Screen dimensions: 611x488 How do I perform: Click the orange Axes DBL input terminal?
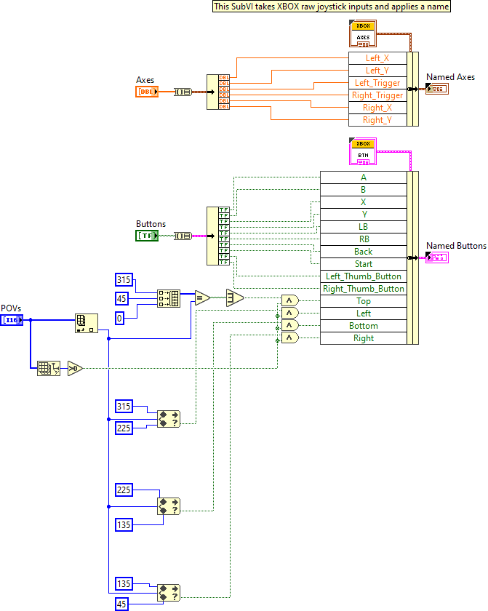[147, 92]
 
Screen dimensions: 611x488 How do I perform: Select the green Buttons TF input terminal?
[147, 236]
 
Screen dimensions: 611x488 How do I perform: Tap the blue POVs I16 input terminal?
[11, 320]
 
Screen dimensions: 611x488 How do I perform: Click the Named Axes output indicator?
[437, 89]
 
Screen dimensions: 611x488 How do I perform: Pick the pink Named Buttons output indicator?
[437, 257]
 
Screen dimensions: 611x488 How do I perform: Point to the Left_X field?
[377, 58]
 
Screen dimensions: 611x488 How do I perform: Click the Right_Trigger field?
[377, 95]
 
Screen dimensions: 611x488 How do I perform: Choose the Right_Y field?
[377, 120]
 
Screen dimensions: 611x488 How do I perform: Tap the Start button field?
[363, 264]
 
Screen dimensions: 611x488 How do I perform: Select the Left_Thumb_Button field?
[363, 276]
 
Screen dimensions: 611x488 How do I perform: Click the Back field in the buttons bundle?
[363, 252]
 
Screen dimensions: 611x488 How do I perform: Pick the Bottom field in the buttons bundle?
[363, 326]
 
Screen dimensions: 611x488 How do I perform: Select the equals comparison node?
[201, 297]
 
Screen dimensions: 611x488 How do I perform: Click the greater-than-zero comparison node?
[75, 369]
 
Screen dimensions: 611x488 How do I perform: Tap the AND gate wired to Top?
[289, 301]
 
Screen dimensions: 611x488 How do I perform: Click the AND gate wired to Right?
[289, 338]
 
